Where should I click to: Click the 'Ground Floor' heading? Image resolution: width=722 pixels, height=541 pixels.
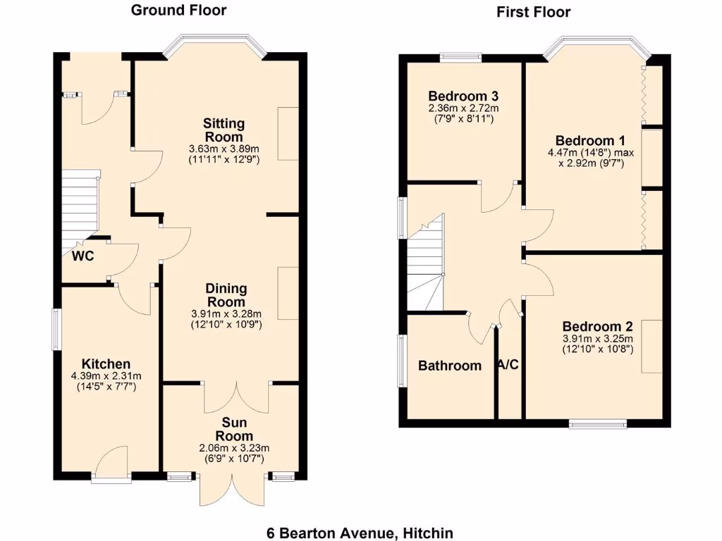point(178,10)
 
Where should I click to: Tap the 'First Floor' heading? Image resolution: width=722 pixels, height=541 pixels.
point(534,12)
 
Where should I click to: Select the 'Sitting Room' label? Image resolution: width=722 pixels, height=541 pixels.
point(224,130)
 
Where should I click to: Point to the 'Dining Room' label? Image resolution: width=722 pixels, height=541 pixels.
point(226,295)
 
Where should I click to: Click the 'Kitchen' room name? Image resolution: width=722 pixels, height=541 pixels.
point(106,363)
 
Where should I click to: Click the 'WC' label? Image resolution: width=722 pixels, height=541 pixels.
point(82,256)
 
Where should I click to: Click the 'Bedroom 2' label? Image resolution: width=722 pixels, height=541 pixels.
point(597,327)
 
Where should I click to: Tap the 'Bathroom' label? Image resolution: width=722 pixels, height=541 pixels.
point(450,366)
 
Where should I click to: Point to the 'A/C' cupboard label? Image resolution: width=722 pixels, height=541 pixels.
point(509,365)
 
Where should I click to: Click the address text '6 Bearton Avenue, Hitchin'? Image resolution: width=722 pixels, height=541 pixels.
point(360,533)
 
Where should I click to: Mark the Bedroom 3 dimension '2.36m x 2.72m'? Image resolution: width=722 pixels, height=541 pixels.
point(463,108)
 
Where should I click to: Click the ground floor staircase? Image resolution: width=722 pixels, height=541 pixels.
point(79,208)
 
